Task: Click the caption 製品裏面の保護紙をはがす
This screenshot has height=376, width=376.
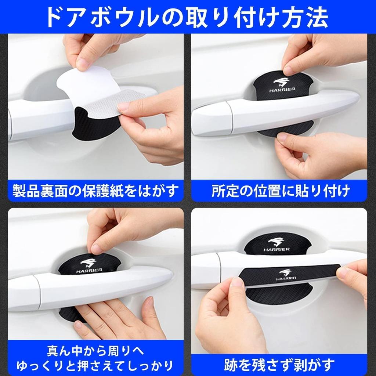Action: point(95,191)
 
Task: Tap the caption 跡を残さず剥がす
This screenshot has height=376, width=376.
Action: point(279,365)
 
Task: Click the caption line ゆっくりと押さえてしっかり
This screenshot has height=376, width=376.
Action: point(95,365)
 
